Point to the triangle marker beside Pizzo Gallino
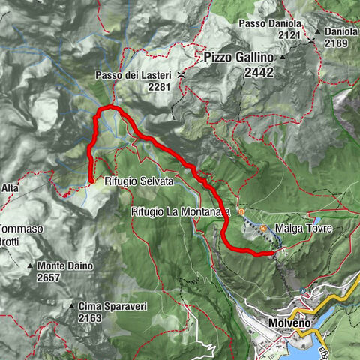point(283,58)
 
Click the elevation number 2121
point(289,35)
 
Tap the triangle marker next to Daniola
point(318,31)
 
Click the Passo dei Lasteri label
point(133,76)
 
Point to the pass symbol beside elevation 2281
point(180,76)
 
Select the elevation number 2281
point(160,87)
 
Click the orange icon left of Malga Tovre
point(263,228)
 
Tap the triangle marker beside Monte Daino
point(31,266)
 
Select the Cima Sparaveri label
point(109,306)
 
